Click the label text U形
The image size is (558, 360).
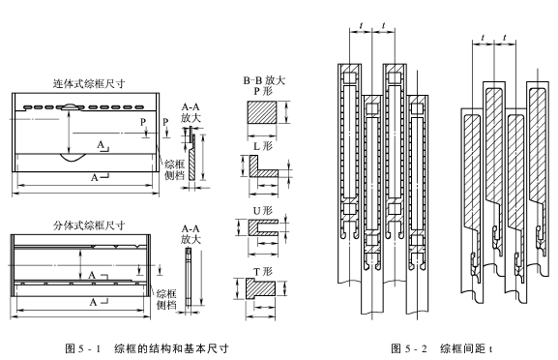(263, 207)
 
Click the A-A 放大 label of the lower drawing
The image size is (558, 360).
(191, 233)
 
